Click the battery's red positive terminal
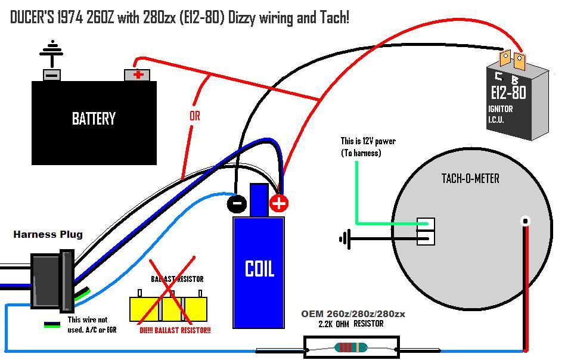point(137,75)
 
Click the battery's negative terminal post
point(52,75)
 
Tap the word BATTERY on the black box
point(94,119)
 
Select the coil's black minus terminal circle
point(237,203)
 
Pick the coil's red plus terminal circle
point(279,203)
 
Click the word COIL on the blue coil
point(259,269)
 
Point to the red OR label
point(195,116)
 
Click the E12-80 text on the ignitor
point(509,92)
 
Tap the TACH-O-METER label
point(470,178)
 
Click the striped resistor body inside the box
point(351,347)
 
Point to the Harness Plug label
point(48,234)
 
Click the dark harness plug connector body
point(52,281)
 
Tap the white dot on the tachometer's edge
point(525,221)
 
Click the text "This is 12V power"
point(368,141)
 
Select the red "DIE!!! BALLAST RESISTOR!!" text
point(175,330)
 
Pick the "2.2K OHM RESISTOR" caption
point(351,324)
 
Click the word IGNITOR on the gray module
point(500,109)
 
